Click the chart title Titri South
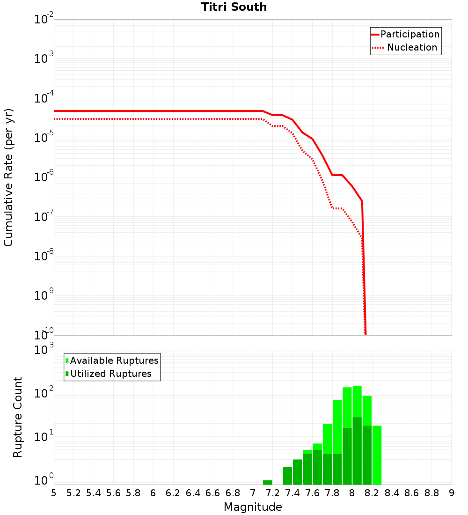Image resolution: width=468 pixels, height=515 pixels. point(234,7)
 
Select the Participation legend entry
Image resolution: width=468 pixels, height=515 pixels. point(409,34)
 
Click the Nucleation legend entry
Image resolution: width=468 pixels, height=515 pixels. point(412,47)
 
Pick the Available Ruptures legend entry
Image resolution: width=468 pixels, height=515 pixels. point(114,360)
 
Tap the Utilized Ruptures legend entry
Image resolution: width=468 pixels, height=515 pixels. point(110,374)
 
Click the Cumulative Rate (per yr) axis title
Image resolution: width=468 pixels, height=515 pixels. point(8,177)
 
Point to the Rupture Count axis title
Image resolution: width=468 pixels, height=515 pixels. point(18,417)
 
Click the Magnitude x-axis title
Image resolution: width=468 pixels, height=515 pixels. point(253,507)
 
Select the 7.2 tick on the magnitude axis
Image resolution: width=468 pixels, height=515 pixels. point(272,493)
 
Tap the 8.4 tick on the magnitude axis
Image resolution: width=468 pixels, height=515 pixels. point(392,493)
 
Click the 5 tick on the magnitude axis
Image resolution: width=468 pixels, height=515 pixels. point(54,493)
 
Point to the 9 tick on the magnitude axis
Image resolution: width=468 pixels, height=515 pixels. point(452,493)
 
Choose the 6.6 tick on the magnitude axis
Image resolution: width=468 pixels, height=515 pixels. point(213,493)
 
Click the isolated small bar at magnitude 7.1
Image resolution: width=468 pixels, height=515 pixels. point(268,482)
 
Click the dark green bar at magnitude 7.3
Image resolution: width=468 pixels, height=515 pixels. point(287,476)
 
